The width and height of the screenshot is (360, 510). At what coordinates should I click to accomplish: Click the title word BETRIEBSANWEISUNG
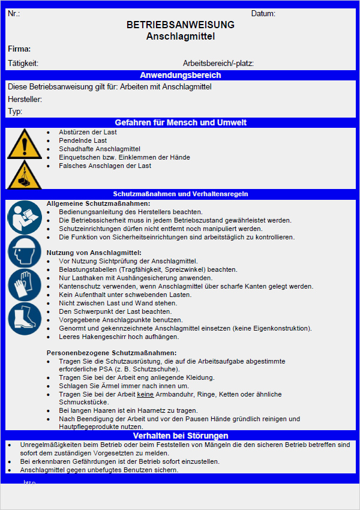coord(181,25)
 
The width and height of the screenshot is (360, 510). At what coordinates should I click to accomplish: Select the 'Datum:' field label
coord(263,14)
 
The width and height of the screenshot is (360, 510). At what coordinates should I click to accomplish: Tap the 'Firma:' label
coord(19,49)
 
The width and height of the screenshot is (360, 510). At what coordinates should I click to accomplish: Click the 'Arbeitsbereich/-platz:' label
coord(218,63)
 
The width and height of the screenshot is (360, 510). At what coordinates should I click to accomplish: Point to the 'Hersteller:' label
coord(25,99)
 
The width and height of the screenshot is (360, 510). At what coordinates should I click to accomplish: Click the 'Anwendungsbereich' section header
coord(181,75)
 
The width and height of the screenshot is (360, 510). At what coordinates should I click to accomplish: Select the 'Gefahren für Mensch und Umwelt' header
coord(181,122)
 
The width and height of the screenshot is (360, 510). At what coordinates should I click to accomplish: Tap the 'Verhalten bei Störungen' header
coord(181,436)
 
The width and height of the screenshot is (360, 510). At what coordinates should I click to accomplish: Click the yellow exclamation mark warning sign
coord(24,144)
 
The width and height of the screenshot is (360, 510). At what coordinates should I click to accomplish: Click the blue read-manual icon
coord(24,217)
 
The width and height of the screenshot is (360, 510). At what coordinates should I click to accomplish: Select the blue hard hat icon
coord(24,251)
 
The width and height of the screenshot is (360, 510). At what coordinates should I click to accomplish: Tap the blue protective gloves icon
coord(24,284)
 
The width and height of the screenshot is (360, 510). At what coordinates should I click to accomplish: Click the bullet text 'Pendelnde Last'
coord(83,140)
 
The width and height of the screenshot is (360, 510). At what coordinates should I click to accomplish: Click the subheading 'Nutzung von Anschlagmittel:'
coord(94,253)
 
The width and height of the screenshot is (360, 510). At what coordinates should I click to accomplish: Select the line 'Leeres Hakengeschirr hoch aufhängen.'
coord(119,337)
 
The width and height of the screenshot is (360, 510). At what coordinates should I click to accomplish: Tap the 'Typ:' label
coord(15,112)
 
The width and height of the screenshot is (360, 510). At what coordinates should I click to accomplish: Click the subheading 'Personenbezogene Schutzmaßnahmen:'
coord(112,353)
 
